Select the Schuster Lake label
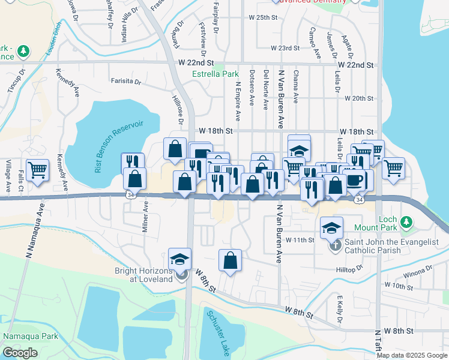(217, 333)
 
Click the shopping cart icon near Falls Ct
(37, 170)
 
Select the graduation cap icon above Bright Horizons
(180, 259)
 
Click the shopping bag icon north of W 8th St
(230, 260)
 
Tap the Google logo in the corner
(19, 353)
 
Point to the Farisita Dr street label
(125, 81)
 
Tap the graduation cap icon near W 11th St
(331, 227)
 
